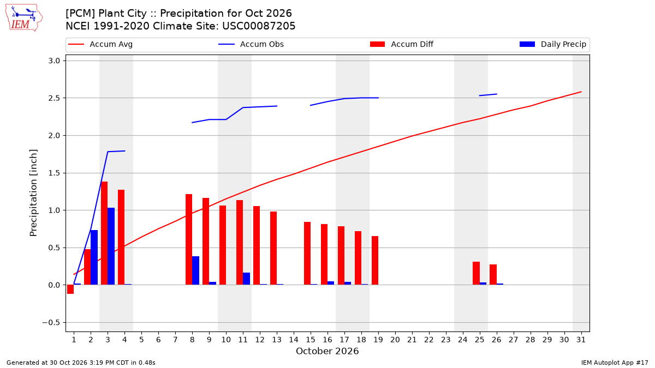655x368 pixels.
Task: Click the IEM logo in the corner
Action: pyautogui.click(x=23, y=18)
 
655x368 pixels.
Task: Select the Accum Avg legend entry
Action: pyautogui.click(x=100, y=44)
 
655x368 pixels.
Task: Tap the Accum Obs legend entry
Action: pyautogui.click(x=251, y=44)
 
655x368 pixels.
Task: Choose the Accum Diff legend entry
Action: pyautogui.click(x=402, y=44)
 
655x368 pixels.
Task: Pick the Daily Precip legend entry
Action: pyautogui.click(x=552, y=44)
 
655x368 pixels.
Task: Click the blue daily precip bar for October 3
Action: pyautogui.click(x=111, y=246)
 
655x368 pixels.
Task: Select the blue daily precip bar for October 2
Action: pyautogui.click(x=94, y=257)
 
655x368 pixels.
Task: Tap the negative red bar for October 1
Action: pyautogui.click(x=70, y=289)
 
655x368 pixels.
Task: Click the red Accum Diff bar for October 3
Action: pyautogui.click(x=104, y=233)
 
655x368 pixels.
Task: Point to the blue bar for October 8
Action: pyautogui.click(x=195, y=270)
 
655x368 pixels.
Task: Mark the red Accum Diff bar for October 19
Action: pyautogui.click(x=375, y=261)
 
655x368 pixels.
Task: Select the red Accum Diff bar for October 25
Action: pyautogui.click(x=477, y=273)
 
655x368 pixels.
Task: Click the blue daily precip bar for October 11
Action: pyautogui.click(x=247, y=279)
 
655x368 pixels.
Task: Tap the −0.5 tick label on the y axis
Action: pyautogui.click(x=51, y=322)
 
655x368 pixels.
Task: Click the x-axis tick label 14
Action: pyautogui.click(x=294, y=340)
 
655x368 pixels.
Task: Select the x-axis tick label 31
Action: pyautogui.click(x=581, y=340)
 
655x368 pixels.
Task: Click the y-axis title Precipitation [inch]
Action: pyautogui.click(x=33, y=193)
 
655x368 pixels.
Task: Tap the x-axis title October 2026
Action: pyautogui.click(x=327, y=351)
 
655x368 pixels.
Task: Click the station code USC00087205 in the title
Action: pyautogui.click(x=259, y=26)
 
